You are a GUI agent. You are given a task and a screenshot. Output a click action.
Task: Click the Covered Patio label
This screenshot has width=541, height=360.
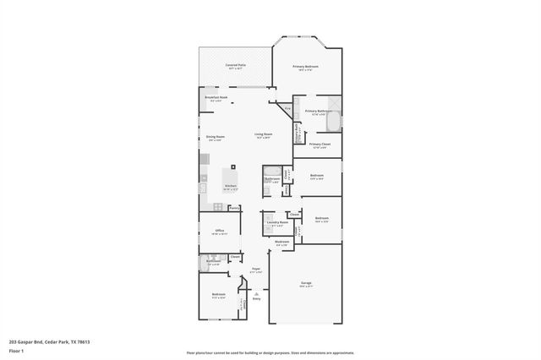(236, 65)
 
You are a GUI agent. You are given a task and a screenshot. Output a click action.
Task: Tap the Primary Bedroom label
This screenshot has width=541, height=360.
(306, 66)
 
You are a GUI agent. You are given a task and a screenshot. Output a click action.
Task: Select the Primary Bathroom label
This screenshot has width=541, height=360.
(318, 112)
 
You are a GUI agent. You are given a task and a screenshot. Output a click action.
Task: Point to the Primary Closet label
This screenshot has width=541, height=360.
(320, 145)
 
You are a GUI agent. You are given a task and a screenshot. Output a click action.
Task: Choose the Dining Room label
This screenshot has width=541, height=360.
(216, 136)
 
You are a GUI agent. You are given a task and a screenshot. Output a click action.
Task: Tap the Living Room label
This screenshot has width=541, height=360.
(264, 134)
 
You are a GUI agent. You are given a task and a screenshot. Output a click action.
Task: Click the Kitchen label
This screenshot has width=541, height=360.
(230, 186)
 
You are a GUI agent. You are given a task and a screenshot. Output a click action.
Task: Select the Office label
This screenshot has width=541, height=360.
(219, 230)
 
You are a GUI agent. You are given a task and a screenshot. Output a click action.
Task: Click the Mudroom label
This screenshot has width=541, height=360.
(281, 242)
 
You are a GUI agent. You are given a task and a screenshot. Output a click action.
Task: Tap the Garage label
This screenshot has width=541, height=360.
(306, 283)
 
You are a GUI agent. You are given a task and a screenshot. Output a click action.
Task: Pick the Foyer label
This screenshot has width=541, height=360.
(255, 270)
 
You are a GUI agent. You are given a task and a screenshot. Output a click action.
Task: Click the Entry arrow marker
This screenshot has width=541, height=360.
(256, 292)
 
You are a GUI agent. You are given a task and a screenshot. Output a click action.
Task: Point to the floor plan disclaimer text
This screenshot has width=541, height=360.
(270, 352)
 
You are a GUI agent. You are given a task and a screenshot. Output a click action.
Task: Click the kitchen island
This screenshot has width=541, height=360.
(230, 174)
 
